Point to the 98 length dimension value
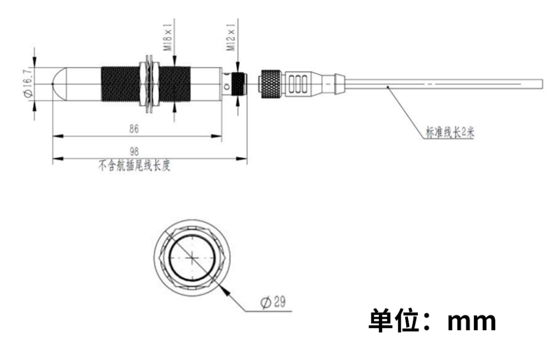pos(134,151)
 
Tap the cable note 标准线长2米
pos(450,132)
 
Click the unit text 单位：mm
pos(432,320)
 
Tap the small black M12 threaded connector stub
pos(237,84)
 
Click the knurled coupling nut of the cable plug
pos(271,84)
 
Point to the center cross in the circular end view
pos(193,258)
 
